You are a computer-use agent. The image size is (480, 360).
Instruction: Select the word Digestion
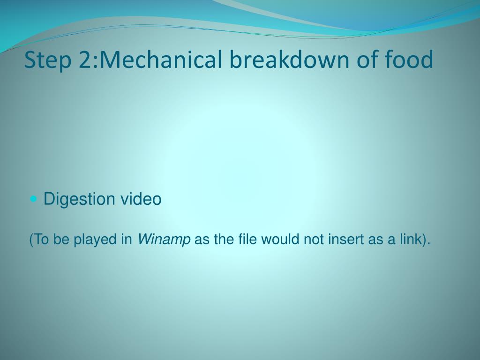point(79,199)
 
